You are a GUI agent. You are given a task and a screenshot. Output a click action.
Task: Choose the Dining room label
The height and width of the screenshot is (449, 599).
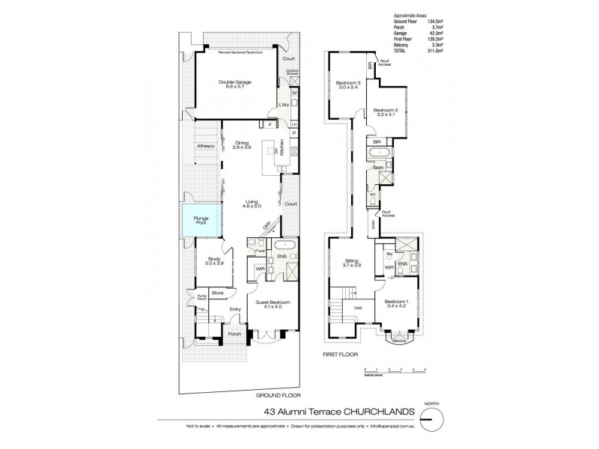tap(241, 145)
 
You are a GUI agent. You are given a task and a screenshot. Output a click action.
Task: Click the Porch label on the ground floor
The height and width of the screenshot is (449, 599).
tap(234, 335)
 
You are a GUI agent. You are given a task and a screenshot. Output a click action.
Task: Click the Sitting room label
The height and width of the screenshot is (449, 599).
tap(352, 262)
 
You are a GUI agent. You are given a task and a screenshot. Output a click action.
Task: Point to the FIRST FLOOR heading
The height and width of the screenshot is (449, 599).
tap(341, 352)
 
